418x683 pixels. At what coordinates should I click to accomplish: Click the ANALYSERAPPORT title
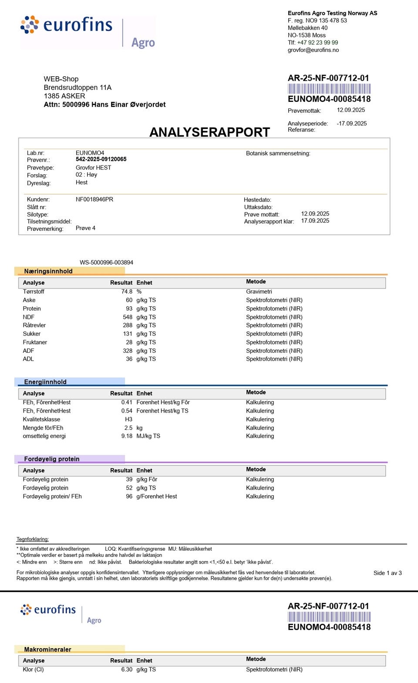(209, 132)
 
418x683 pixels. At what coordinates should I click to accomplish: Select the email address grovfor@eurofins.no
(313, 50)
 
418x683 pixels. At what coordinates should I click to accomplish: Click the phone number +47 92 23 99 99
(317, 43)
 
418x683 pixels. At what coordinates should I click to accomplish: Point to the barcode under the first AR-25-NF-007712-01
(329, 89)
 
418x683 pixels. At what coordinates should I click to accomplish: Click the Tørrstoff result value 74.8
(127, 292)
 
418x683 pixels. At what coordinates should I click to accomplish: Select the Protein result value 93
(129, 309)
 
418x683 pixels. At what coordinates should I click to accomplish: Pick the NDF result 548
(127, 317)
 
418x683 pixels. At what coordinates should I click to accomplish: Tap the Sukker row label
(31, 334)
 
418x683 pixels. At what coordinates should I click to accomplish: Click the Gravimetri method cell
(259, 292)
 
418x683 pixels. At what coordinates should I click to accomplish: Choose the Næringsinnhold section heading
(48, 271)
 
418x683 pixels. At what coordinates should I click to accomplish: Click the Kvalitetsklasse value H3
(128, 419)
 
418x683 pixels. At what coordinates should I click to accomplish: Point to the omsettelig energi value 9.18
(127, 436)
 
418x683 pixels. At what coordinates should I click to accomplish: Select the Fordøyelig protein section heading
(52, 459)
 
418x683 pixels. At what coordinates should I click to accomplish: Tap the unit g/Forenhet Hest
(157, 497)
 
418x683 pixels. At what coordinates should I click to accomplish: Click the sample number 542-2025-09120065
(101, 159)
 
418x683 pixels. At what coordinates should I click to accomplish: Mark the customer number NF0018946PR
(94, 199)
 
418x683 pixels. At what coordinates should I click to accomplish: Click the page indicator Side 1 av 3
(388, 573)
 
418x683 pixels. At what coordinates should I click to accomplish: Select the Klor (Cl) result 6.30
(127, 669)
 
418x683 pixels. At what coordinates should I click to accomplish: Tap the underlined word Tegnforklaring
(33, 539)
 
